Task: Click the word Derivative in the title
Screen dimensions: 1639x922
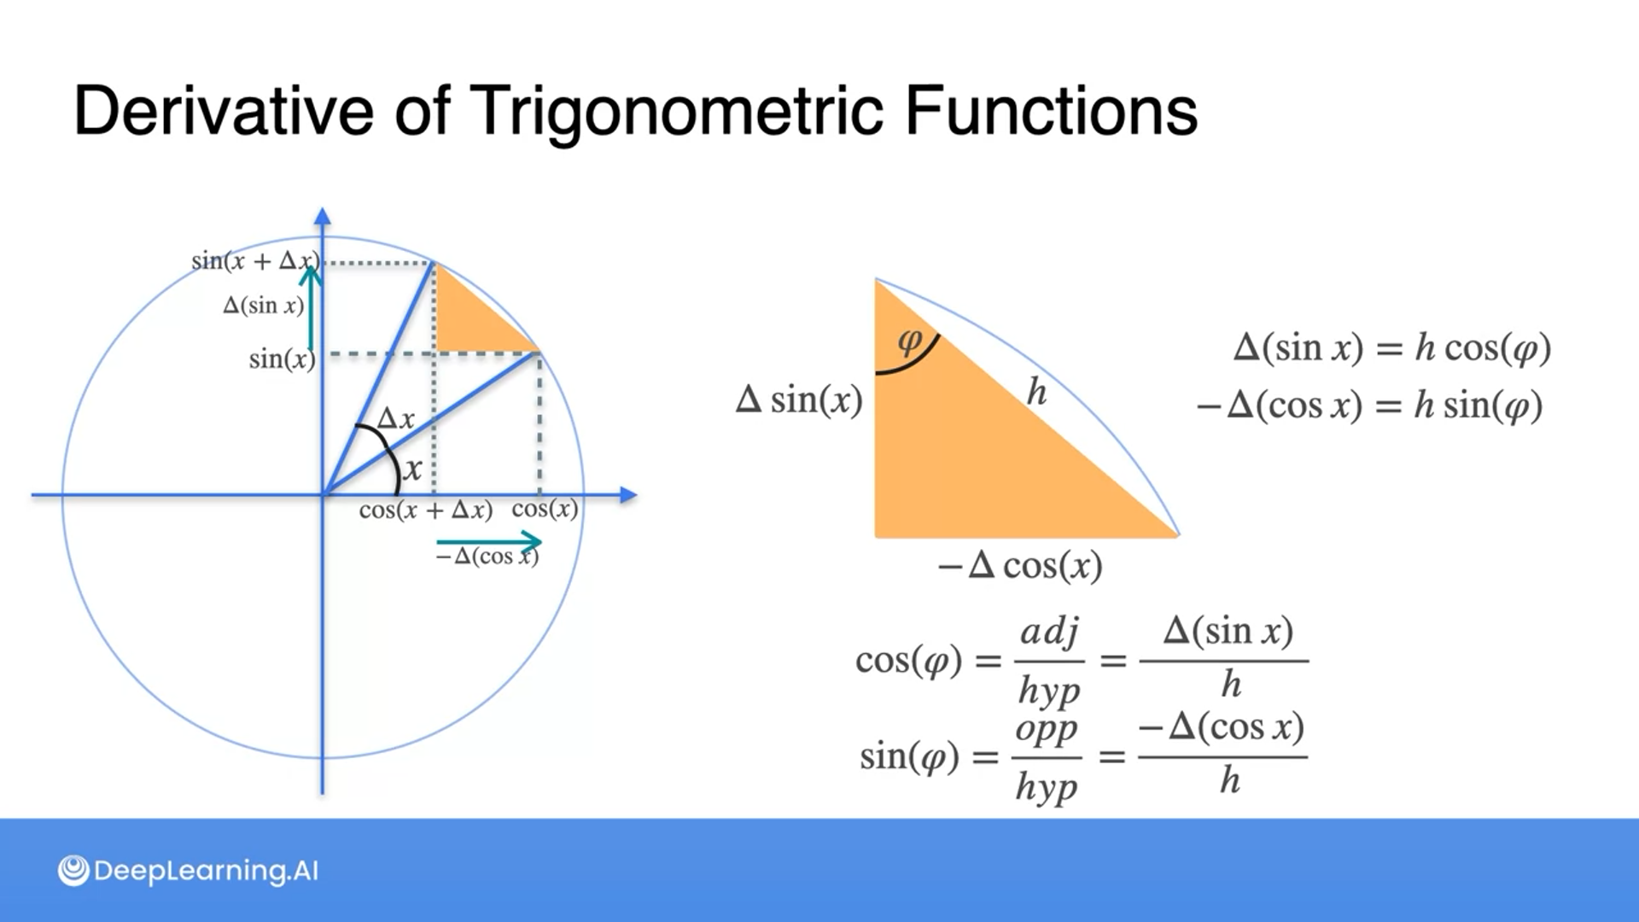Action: coord(224,110)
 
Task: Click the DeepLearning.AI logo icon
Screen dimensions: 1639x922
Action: coord(73,871)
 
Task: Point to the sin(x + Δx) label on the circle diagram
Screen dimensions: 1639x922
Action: coord(255,260)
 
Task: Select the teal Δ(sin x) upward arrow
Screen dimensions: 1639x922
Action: coord(311,307)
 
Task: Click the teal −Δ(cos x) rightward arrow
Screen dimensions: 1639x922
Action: coord(488,541)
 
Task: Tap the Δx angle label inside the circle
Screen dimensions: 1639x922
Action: coord(396,418)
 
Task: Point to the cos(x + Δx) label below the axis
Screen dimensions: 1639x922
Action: coord(426,510)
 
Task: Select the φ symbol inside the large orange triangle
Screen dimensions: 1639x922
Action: coord(910,341)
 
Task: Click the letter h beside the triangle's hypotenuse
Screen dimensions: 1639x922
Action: coord(1036,392)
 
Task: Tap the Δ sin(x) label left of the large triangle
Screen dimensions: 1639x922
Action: coord(799,400)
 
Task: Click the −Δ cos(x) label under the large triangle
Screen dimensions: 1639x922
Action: coord(1020,565)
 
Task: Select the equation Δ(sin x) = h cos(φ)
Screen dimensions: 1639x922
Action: coord(1392,347)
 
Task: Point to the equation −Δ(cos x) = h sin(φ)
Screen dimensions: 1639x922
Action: coord(1369,405)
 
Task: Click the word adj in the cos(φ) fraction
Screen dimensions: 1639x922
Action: coord(1050,633)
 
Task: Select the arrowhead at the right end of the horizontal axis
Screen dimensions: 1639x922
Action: coord(629,495)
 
